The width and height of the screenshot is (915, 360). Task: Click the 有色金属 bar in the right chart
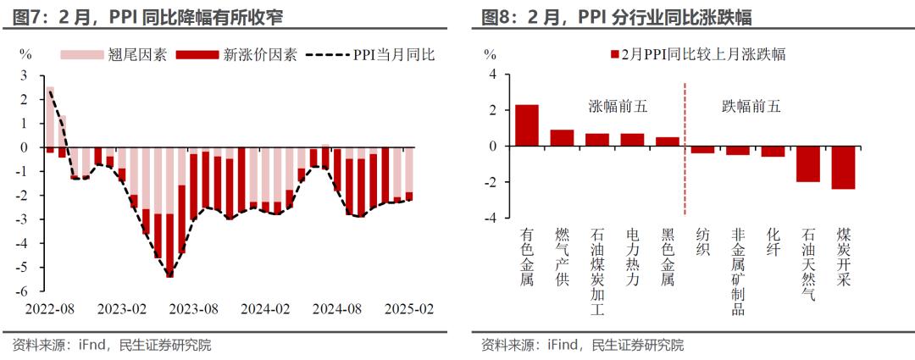pos(526,125)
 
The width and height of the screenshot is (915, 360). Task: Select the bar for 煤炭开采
pos(843,168)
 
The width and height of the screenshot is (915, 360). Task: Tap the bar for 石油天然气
pos(807,163)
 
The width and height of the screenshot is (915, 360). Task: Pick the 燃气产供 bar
pos(562,138)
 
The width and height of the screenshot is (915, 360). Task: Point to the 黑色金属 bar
pos(667,141)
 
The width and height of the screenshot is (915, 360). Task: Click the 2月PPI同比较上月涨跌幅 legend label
pos(703,55)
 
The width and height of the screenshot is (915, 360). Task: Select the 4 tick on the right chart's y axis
pos(491,75)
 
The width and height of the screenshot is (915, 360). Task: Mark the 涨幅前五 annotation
pos(618,107)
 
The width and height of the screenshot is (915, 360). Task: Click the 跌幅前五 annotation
pos(751,107)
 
